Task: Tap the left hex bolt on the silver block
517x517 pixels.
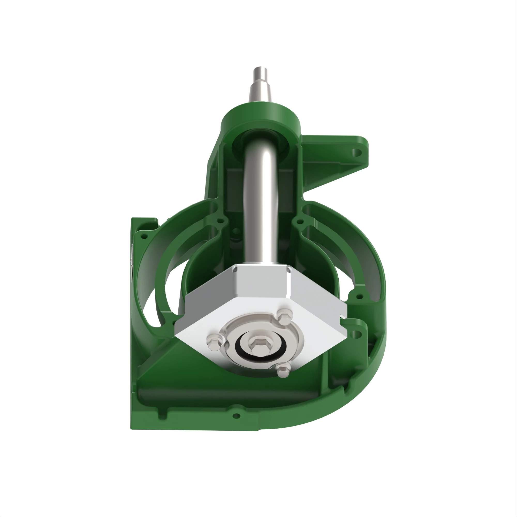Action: [x=214, y=341]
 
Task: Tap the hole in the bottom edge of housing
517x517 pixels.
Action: [x=236, y=416]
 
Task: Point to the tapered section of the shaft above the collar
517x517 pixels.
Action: [x=260, y=92]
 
